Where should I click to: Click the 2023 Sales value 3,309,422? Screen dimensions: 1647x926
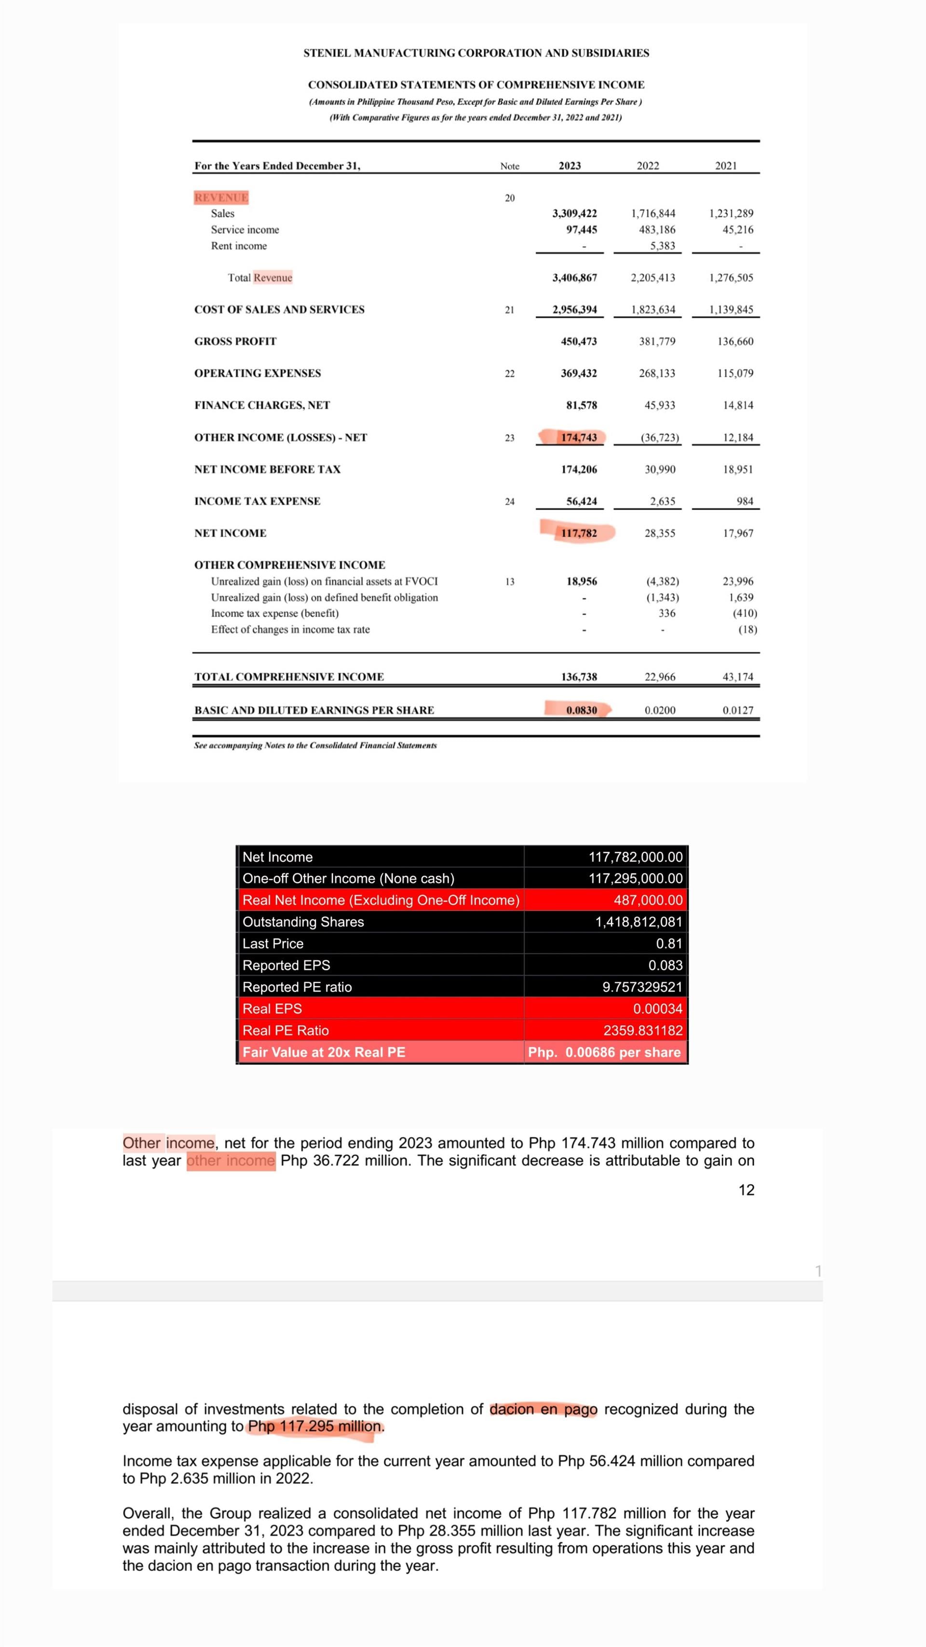click(x=574, y=214)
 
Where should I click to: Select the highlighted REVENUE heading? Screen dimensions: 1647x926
click(x=221, y=197)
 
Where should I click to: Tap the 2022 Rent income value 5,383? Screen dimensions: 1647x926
click(x=662, y=246)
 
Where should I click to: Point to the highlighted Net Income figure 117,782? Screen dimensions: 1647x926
click(x=578, y=533)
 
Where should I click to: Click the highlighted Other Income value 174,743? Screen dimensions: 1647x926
click(x=578, y=437)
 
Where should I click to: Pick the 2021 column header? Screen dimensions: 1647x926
click(x=725, y=166)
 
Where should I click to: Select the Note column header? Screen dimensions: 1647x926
click(x=509, y=166)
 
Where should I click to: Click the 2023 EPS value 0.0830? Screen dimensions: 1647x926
click(x=581, y=710)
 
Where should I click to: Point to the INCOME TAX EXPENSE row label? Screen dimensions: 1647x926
click(x=257, y=501)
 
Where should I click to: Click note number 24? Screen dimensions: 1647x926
click(x=509, y=502)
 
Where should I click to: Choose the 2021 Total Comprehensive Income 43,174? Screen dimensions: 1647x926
click(x=737, y=677)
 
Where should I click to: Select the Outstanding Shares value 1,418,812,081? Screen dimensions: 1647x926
click(x=639, y=922)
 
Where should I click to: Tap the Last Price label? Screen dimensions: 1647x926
click(x=273, y=944)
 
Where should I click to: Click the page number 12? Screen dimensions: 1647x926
click(x=746, y=1190)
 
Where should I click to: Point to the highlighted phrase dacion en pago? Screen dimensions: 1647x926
click(x=543, y=1409)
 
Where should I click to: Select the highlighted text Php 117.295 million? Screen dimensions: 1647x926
click(x=316, y=1426)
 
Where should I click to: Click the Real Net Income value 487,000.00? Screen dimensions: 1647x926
click(x=647, y=900)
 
